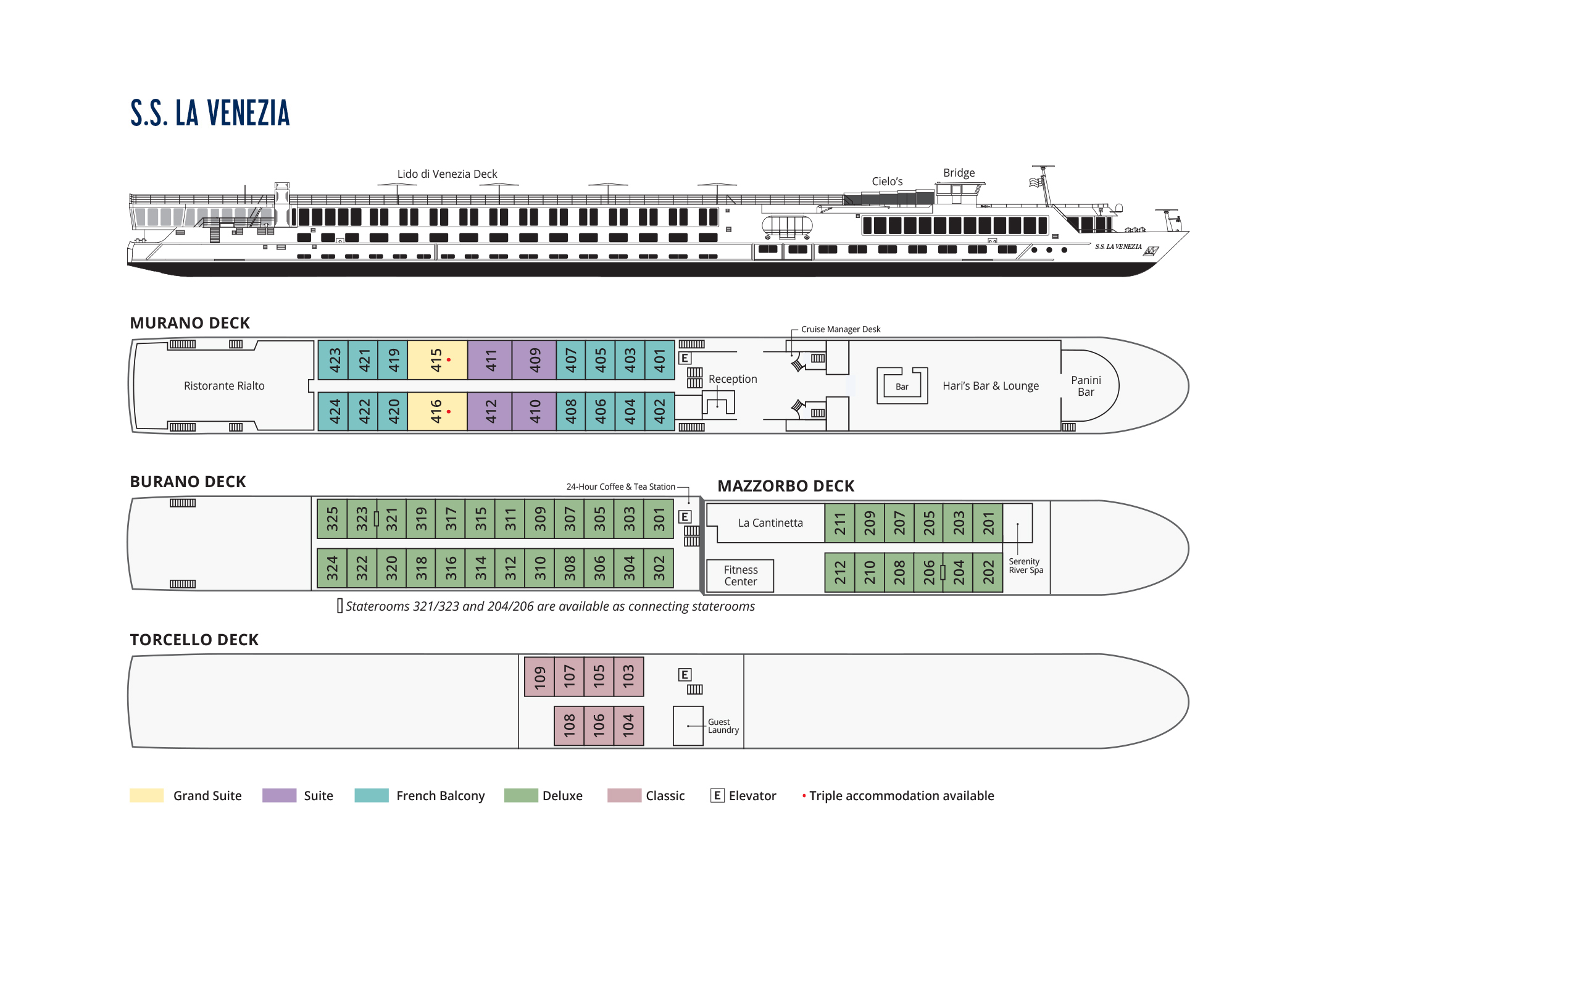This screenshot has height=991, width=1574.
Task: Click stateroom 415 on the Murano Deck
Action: point(436,359)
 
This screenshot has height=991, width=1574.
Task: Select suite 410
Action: point(535,411)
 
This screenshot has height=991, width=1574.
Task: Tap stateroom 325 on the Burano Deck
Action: point(332,519)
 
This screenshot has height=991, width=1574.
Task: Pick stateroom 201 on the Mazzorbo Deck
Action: point(988,522)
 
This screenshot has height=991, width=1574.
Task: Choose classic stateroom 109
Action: point(539,677)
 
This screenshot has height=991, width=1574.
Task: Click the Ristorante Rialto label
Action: point(224,386)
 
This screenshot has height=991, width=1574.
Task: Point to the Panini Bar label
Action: point(1086,386)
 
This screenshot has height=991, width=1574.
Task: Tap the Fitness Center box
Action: point(741,575)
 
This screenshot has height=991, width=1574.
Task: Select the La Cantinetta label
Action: point(770,522)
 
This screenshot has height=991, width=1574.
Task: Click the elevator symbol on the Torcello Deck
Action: point(685,675)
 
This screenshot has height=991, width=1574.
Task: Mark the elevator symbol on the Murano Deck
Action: point(685,358)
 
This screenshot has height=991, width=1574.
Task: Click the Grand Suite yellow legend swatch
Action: point(146,795)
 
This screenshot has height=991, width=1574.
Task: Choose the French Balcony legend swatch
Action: point(371,795)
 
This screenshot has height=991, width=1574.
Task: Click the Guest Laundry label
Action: point(723,725)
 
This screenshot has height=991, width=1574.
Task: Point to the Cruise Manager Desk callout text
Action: point(841,330)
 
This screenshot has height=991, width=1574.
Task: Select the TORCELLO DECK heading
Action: point(194,639)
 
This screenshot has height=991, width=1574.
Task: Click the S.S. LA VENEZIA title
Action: point(210,113)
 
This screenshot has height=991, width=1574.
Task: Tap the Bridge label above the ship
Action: point(958,172)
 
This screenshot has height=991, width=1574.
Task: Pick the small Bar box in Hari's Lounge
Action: point(901,387)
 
